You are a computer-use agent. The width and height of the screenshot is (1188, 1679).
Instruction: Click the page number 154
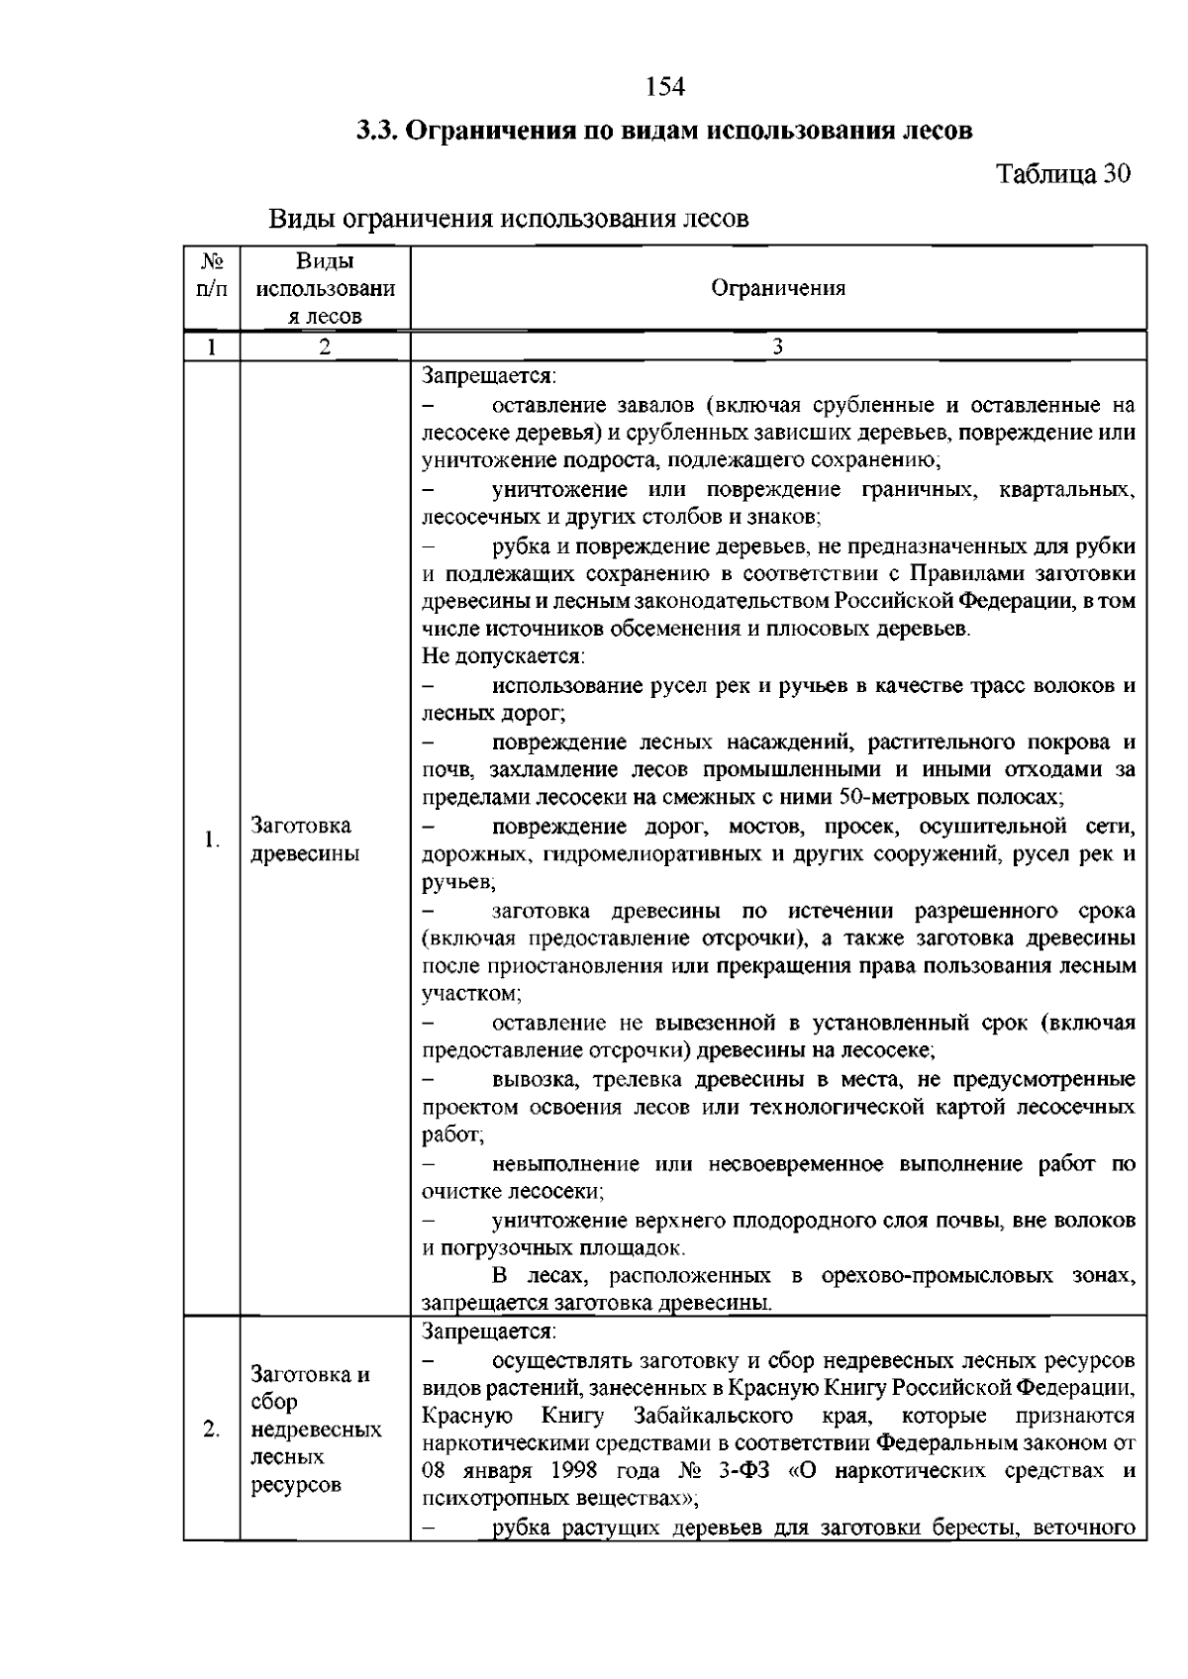664,87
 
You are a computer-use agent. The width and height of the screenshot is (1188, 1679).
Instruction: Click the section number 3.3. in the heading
380,131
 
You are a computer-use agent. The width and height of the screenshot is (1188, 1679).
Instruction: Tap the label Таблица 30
1062,174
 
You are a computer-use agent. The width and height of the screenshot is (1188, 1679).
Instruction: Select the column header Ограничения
778,288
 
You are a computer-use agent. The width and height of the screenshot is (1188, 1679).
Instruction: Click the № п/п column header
212,274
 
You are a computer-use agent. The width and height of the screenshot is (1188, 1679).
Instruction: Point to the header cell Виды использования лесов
325,288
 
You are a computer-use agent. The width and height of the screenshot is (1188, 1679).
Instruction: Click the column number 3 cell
778,346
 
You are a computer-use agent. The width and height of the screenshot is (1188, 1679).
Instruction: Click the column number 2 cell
325,346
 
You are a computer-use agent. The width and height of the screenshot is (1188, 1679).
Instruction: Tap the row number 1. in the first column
212,839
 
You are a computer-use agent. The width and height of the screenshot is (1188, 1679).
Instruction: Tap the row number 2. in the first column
212,1429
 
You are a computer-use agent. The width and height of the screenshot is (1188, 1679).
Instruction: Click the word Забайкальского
712,1415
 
